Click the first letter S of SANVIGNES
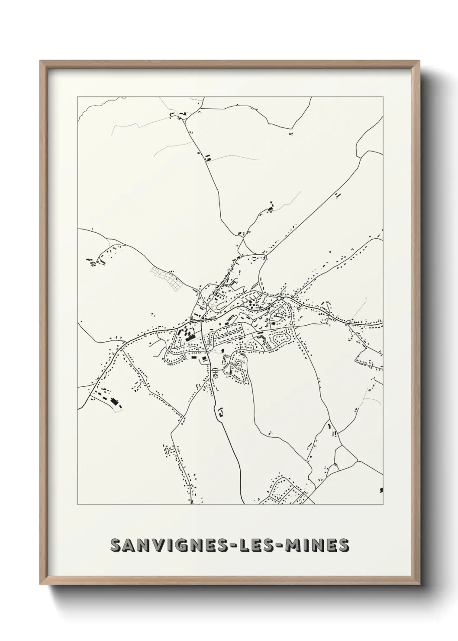coord(115,545)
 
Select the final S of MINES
coord(343,545)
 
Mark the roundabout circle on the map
coord(280,298)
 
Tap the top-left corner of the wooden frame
coord(40,61)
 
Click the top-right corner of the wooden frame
coord(420,61)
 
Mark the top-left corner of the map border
coord(77,97)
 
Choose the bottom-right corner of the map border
coord(383,505)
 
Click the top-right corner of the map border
coord(383,97)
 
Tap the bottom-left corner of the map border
coord(77,505)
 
